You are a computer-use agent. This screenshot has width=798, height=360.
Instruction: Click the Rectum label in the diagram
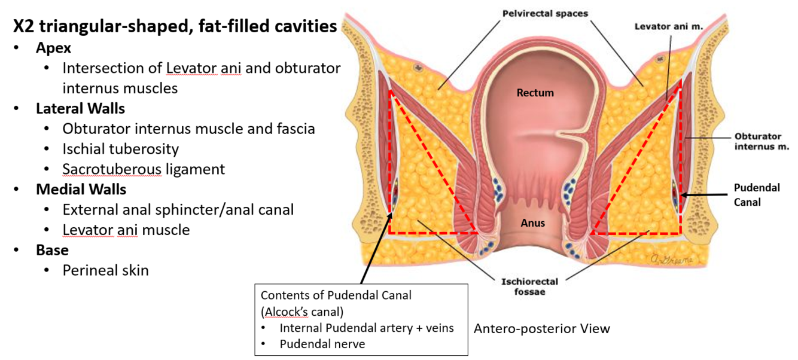[535, 93]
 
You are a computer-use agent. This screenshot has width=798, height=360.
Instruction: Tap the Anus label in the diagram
[532, 223]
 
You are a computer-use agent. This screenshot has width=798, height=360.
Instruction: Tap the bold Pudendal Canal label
[757, 195]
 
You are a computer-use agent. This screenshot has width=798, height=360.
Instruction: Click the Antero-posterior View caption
[541, 328]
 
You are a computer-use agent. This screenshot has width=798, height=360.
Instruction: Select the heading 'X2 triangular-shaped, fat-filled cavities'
[175, 27]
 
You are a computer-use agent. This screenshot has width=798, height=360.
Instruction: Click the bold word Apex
[53, 47]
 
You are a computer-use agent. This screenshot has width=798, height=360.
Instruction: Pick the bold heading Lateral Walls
[80, 108]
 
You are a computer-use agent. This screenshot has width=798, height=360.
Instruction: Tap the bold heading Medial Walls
[81, 190]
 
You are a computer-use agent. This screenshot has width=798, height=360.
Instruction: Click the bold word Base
[52, 250]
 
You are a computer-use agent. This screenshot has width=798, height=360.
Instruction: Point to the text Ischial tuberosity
[120, 148]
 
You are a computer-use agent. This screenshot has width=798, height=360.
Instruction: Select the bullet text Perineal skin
[105, 270]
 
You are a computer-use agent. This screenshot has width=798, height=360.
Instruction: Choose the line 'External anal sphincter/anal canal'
[178, 210]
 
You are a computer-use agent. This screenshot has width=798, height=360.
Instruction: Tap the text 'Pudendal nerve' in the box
[322, 344]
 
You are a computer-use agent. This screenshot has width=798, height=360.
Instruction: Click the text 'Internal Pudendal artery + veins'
[367, 328]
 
